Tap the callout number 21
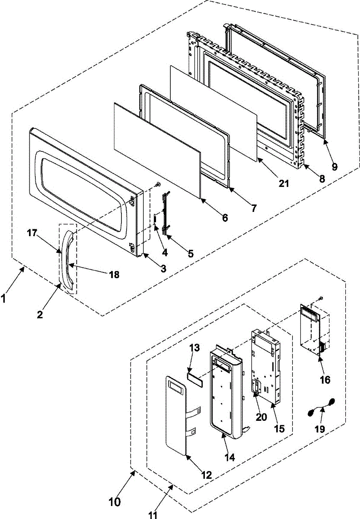283,183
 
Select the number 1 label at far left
4,298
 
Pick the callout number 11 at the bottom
153,515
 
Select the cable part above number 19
322,408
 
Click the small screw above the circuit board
321,298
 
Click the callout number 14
230,457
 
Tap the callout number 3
163,268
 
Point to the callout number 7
253,208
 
